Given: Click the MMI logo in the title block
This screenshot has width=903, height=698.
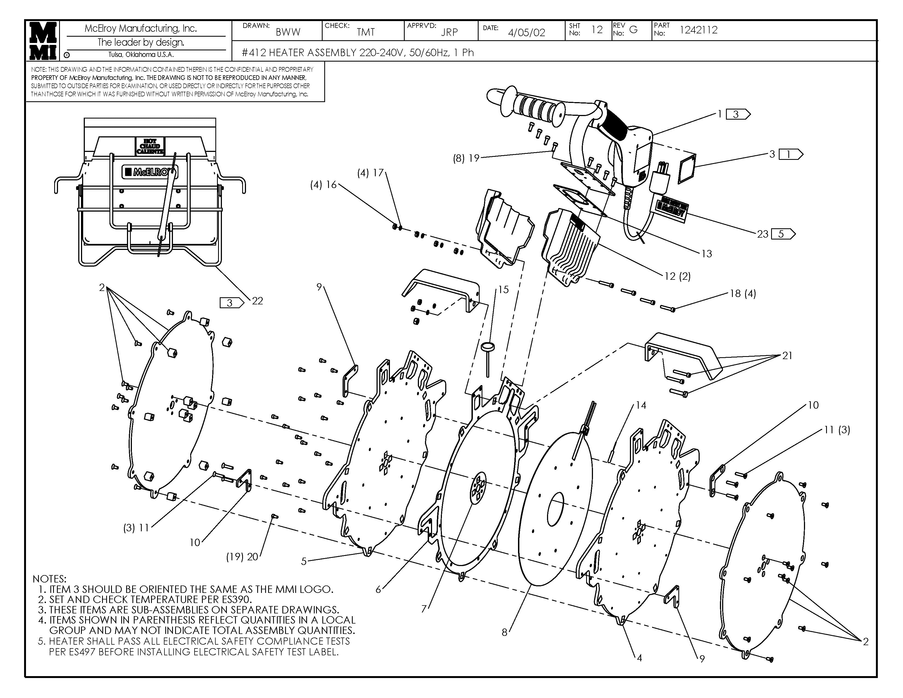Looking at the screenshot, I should tap(43, 41).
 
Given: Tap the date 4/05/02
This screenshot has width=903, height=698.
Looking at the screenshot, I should tap(526, 33).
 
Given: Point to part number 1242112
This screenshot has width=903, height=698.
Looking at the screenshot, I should tap(698, 30).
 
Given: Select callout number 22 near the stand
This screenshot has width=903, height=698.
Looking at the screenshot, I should tap(257, 301).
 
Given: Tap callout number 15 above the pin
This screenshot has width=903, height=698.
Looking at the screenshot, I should tap(503, 289).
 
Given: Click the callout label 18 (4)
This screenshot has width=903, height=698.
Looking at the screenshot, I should tap(743, 294).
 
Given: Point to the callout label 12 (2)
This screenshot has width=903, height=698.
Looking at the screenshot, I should tap(677, 276).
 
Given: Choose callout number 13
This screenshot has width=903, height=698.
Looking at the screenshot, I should tap(707, 254).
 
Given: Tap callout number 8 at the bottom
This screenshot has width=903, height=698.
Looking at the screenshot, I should tap(504, 632).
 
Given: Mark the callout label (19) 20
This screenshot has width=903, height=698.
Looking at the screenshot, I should tap(242, 557).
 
